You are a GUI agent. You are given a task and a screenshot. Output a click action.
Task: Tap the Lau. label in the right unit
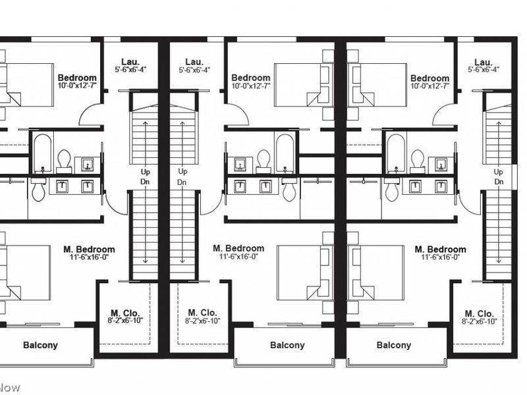pos(484,61)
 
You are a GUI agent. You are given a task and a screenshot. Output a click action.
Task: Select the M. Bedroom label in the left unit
pos(89,250)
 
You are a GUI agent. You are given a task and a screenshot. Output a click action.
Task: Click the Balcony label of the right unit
pos(394,345)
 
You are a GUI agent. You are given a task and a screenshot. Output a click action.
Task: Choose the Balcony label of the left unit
pos(40,345)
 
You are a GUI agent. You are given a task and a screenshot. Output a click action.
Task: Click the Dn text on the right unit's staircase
pos(499,182)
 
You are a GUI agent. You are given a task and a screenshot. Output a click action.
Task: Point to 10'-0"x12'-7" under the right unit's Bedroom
pos(430,86)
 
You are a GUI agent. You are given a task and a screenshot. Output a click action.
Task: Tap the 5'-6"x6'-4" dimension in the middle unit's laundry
pos(194,70)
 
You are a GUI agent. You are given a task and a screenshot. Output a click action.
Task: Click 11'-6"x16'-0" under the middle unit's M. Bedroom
pos(238,257)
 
